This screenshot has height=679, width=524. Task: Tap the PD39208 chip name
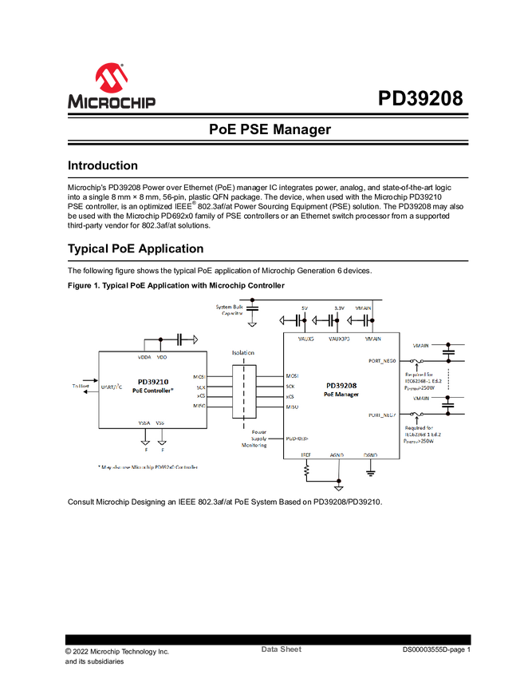pos(342,384)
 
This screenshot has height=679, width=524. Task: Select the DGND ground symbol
pos(370,473)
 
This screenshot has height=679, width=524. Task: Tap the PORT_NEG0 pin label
pos(382,360)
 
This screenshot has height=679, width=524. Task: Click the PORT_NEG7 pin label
pos(382,415)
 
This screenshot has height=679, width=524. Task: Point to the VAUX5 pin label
pos(306,339)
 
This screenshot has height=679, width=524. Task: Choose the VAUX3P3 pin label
pos(340,339)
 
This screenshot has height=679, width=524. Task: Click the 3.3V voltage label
pos(338,308)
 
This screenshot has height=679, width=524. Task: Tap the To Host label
pos(81,385)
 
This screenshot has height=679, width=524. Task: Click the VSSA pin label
pos(144,423)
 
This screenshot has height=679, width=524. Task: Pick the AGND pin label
pos(337,455)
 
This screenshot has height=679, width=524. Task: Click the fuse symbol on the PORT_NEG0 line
pos(414,360)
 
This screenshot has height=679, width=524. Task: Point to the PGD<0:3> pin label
pos(297,438)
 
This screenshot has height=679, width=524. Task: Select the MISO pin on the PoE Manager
pos(293,407)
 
